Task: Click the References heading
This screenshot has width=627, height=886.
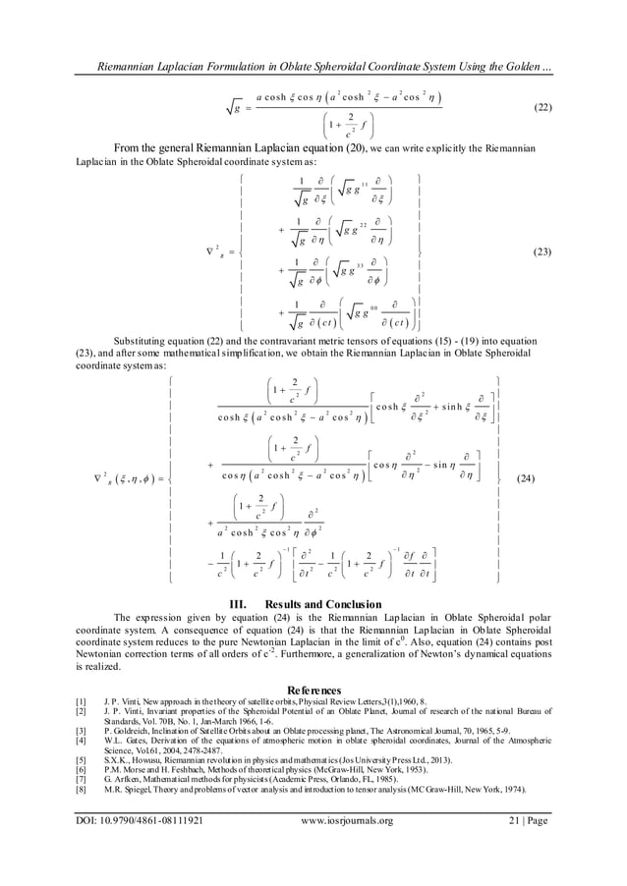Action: tap(313, 691)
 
